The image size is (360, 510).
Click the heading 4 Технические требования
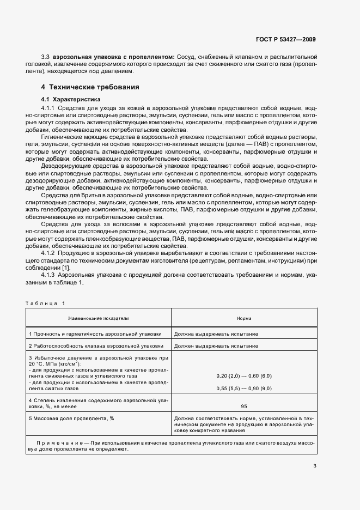coord(90,87)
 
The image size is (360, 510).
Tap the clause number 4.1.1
coord(48,108)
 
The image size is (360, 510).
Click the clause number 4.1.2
coord(48,253)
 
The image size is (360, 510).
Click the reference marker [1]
coord(66,267)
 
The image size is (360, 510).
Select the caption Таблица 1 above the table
coord(45,303)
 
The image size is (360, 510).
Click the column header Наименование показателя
coord(99,317)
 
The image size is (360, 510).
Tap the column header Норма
coord(243,317)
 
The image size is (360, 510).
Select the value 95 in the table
coord(243,406)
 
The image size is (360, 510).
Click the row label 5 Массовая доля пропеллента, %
coord(71,418)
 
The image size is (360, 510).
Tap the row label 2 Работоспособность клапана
coord(96,345)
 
